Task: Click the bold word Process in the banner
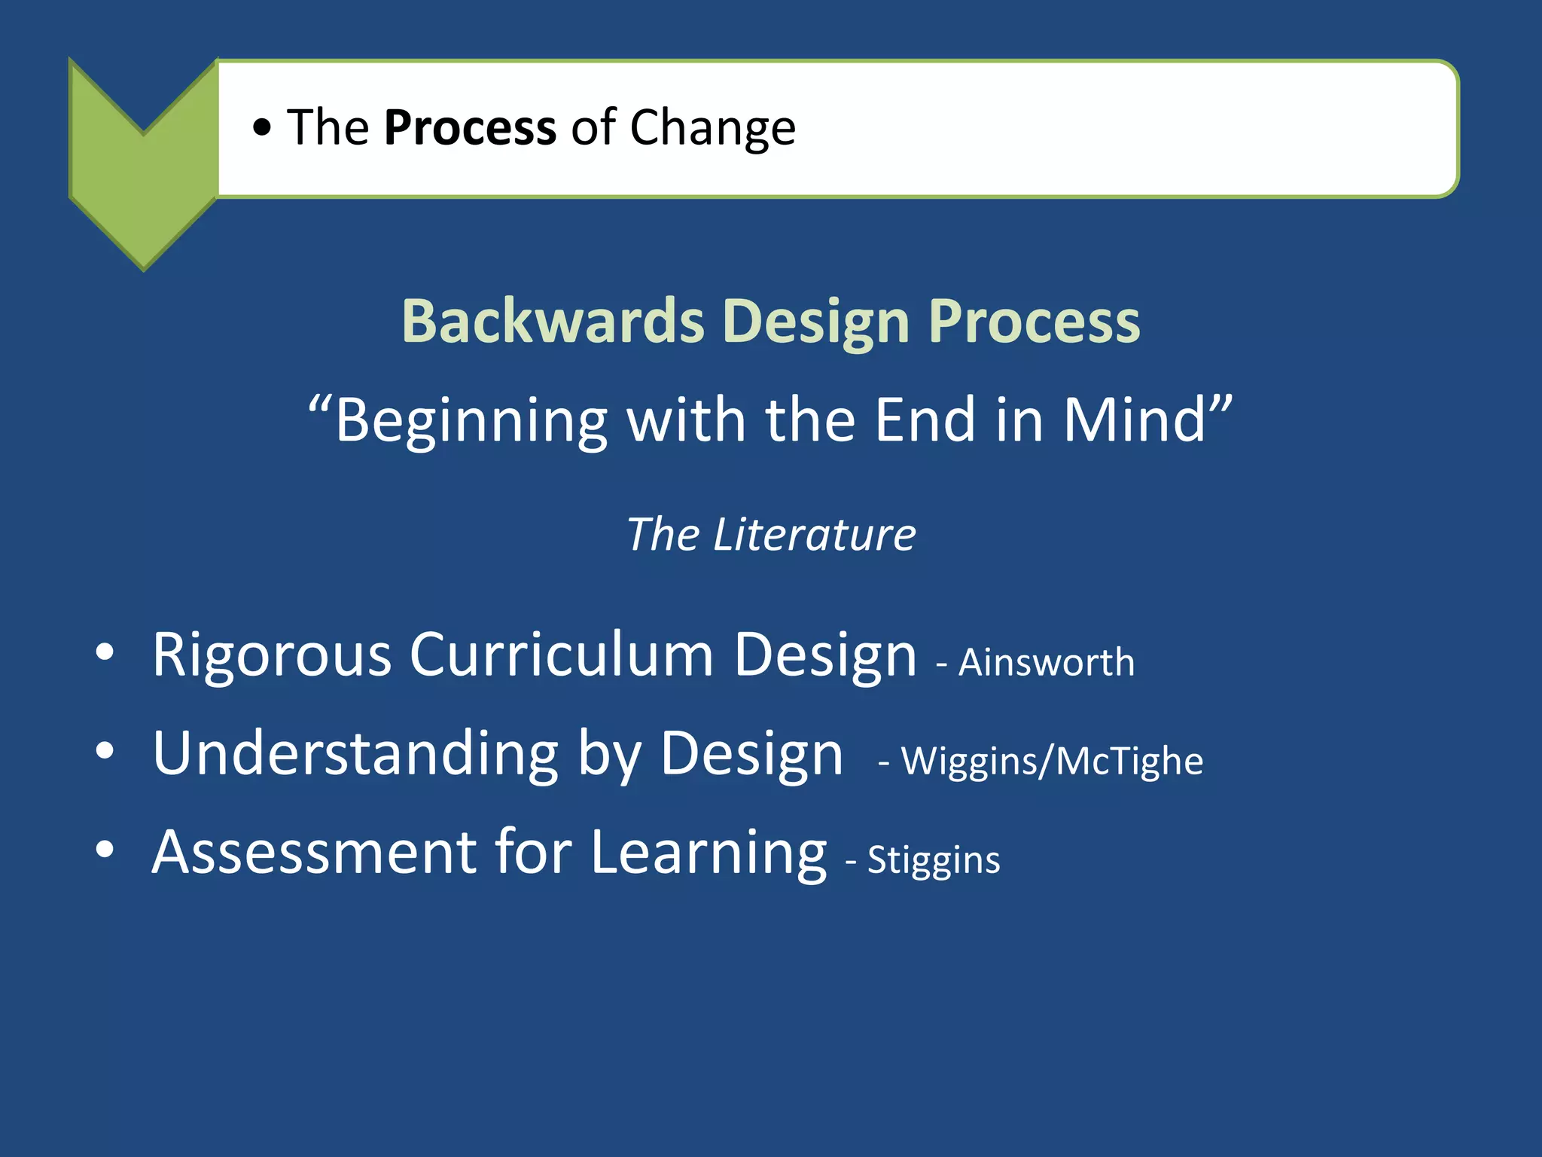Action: [x=470, y=127]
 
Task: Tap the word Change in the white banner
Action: [x=712, y=127]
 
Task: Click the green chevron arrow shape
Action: [x=143, y=181]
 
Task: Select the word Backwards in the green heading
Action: [x=553, y=322]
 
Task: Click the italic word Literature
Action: [x=814, y=535]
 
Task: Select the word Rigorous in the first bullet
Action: [x=271, y=655]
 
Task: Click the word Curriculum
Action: [x=561, y=655]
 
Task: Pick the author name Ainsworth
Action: [x=1046, y=663]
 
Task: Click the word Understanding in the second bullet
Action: [x=355, y=754]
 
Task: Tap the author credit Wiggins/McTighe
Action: [x=1052, y=761]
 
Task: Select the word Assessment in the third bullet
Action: [x=313, y=852]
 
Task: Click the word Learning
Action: [x=709, y=853]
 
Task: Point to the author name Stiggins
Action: [x=933, y=860]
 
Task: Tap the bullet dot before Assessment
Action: [x=105, y=849]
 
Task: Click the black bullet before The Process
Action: [x=261, y=128]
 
